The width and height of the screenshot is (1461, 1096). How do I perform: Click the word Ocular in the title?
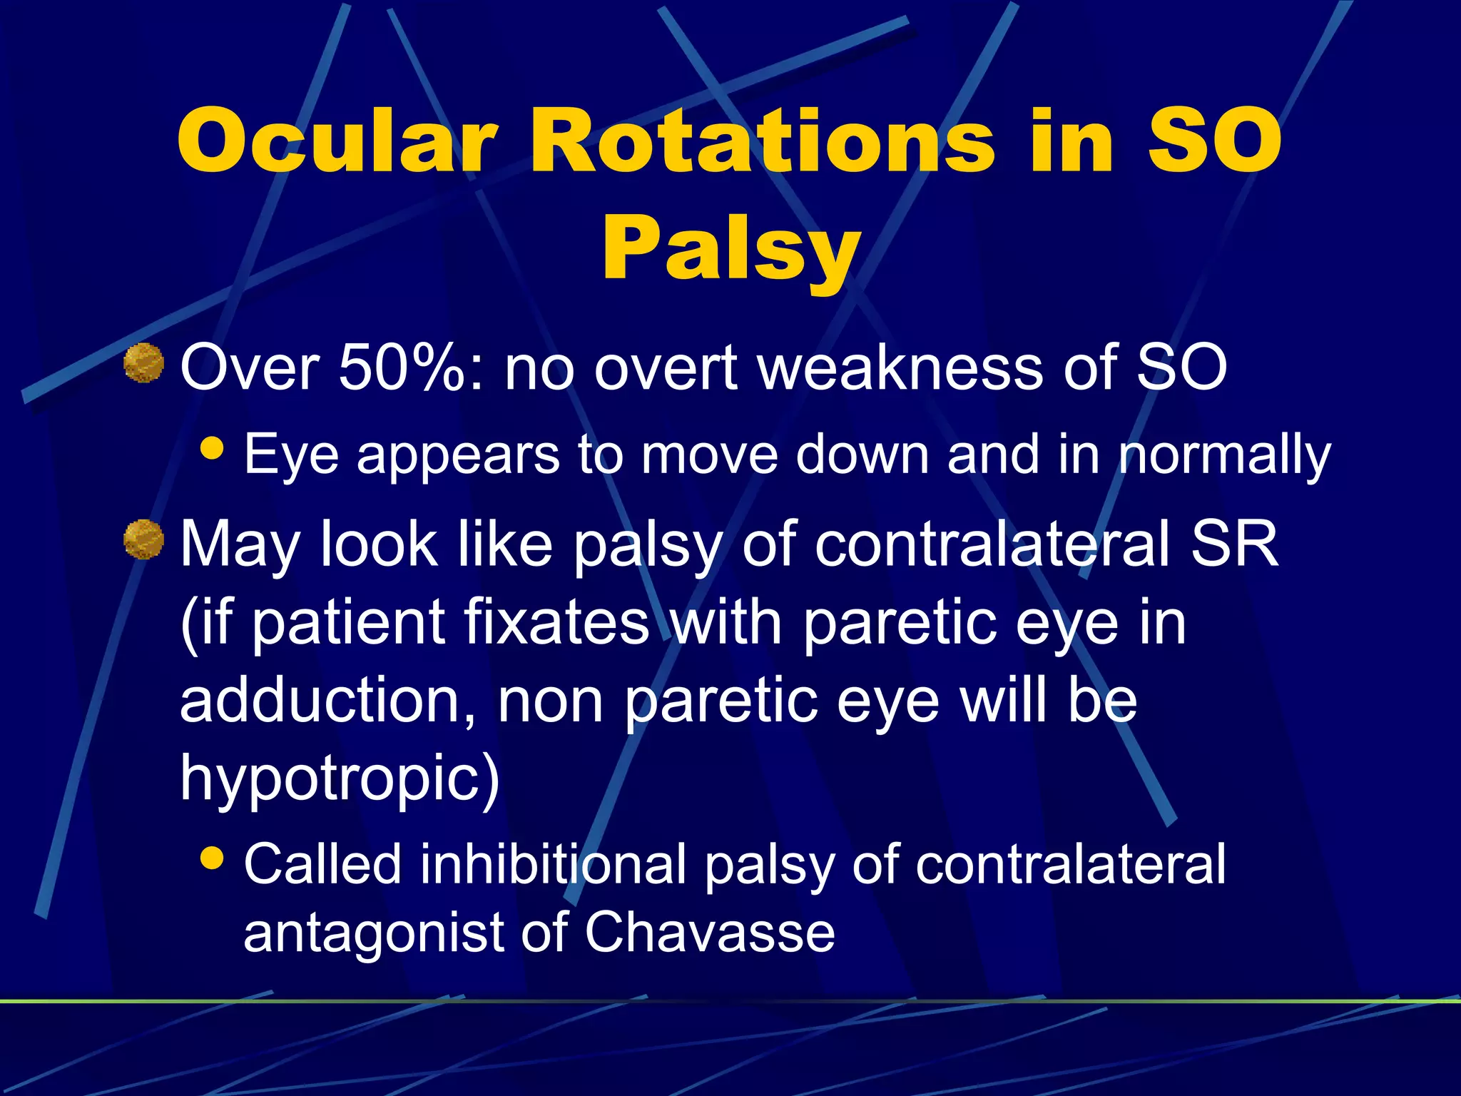[x=335, y=141]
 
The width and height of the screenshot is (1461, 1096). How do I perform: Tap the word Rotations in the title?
[x=760, y=141]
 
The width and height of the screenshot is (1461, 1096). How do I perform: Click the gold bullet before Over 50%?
[x=143, y=363]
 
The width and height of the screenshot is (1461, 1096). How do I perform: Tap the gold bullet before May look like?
[x=143, y=539]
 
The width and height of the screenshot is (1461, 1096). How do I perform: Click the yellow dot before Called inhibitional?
[x=213, y=857]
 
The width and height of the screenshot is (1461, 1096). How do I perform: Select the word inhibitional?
[x=553, y=864]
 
